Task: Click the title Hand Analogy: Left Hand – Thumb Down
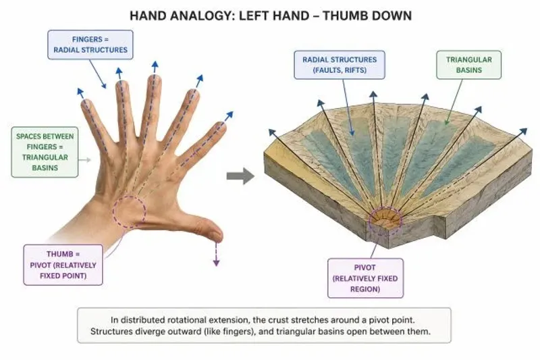[x=271, y=16]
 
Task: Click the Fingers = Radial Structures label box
[x=90, y=45]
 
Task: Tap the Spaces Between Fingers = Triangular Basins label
[x=45, y=152]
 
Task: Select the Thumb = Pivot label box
[x=63, y=265]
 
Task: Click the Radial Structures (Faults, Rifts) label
[x=340, y=65]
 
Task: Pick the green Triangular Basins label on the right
[x=468, y=65]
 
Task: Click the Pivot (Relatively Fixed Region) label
[x=365, y=278]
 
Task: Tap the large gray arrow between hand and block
[x=240, y=176]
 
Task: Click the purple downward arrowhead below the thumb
[x=216, y=263]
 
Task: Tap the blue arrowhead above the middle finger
[x=155, y=65]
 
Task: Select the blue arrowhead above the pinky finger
[x=80, y=92]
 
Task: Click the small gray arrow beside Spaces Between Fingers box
[x=85, y=160]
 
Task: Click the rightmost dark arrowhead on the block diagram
[x=524, y=132]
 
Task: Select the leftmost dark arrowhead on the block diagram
[x=272, y=132]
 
